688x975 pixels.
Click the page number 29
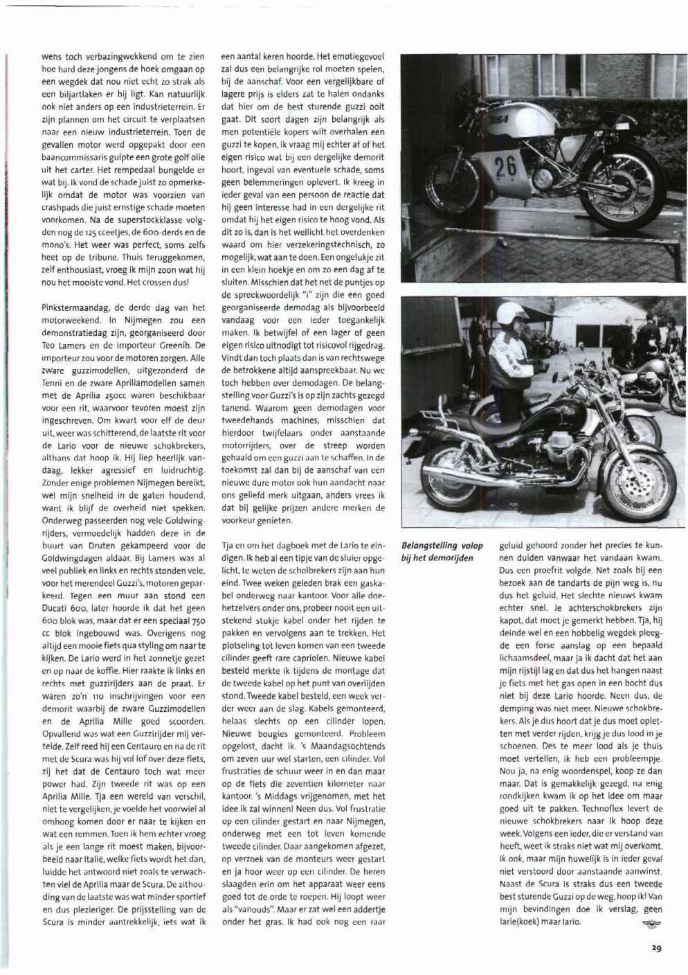656,949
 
